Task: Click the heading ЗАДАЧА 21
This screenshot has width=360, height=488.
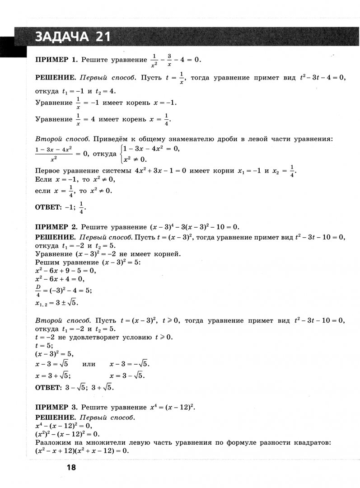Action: point(72,37)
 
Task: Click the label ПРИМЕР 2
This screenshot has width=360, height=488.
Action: point(56,226)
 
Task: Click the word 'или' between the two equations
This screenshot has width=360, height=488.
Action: point(89,363)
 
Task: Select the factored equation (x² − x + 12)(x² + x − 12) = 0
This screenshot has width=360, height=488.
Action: point(82,450)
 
